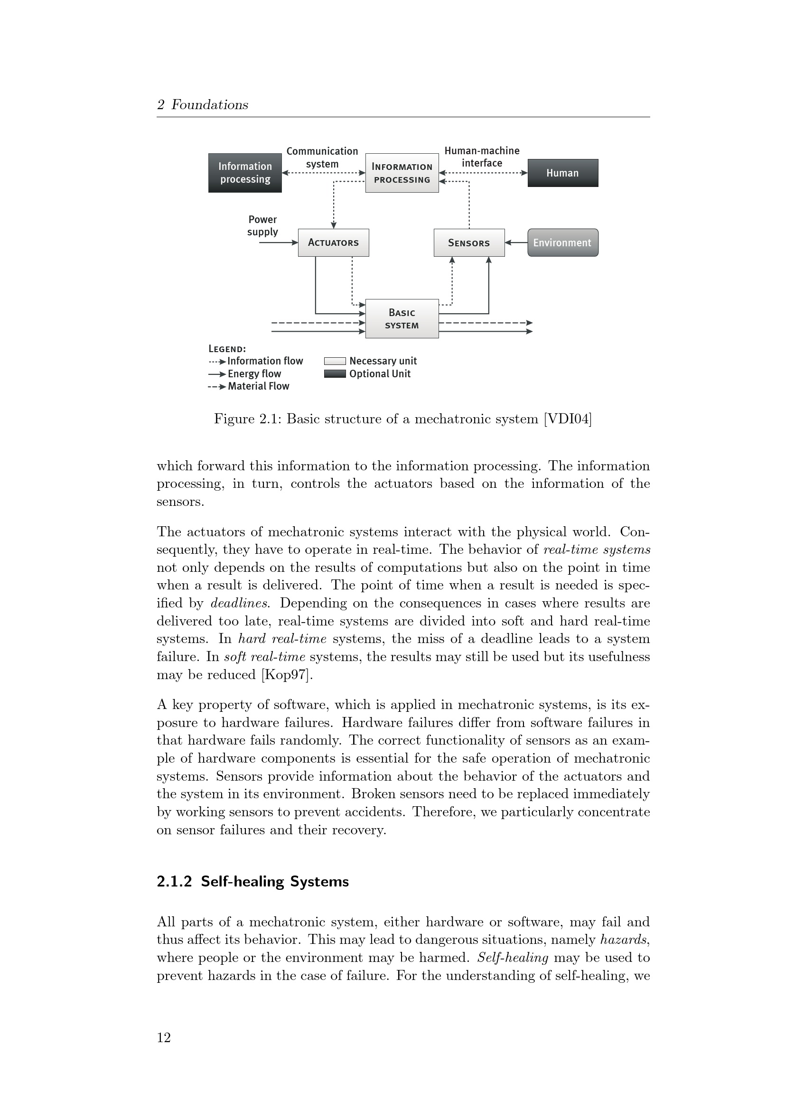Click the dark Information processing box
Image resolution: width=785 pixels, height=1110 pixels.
pyautogui.click(x=244, y=173)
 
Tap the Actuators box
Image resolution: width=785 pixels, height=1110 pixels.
pyautogui.click(x=333, y=242)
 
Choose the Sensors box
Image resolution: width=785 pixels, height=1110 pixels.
pyautogui.click(x=468, y=242)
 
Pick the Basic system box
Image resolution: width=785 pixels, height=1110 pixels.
pyautogui.click(x=402, y=318)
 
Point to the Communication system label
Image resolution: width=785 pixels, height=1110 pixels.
pyautogui.click(x=322, y=157)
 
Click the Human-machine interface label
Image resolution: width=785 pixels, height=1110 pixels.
pyautogui.click(x=481, y=157)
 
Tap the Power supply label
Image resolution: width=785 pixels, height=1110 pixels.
pyautogui.click(x=262, y=225)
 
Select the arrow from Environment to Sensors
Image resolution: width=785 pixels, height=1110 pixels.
pyautogui.click(x=516, y=242)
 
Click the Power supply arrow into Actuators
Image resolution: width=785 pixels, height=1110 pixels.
pyautogui.click(x=279, y=242)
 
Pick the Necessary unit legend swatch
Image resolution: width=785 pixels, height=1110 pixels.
pyautogui.click(x=335, y=361)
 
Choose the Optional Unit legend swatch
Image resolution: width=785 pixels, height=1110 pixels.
pyautogui.click(x=335, y=373)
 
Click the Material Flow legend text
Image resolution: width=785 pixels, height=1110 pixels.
pyautogui.click(x=259, y=386)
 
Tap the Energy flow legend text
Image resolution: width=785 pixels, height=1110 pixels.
pyautogui.click(x=254, y=373)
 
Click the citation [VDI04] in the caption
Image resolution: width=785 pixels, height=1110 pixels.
pyautogui.click(x=568, y=419)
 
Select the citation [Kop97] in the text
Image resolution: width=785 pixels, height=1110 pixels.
pyautogui.click(x=287, y=674)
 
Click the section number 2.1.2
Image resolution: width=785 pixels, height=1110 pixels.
pyautogui.click(x=174, y=881)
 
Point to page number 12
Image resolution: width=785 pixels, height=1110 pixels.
pyautogui.click(x=164, y=1037)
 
